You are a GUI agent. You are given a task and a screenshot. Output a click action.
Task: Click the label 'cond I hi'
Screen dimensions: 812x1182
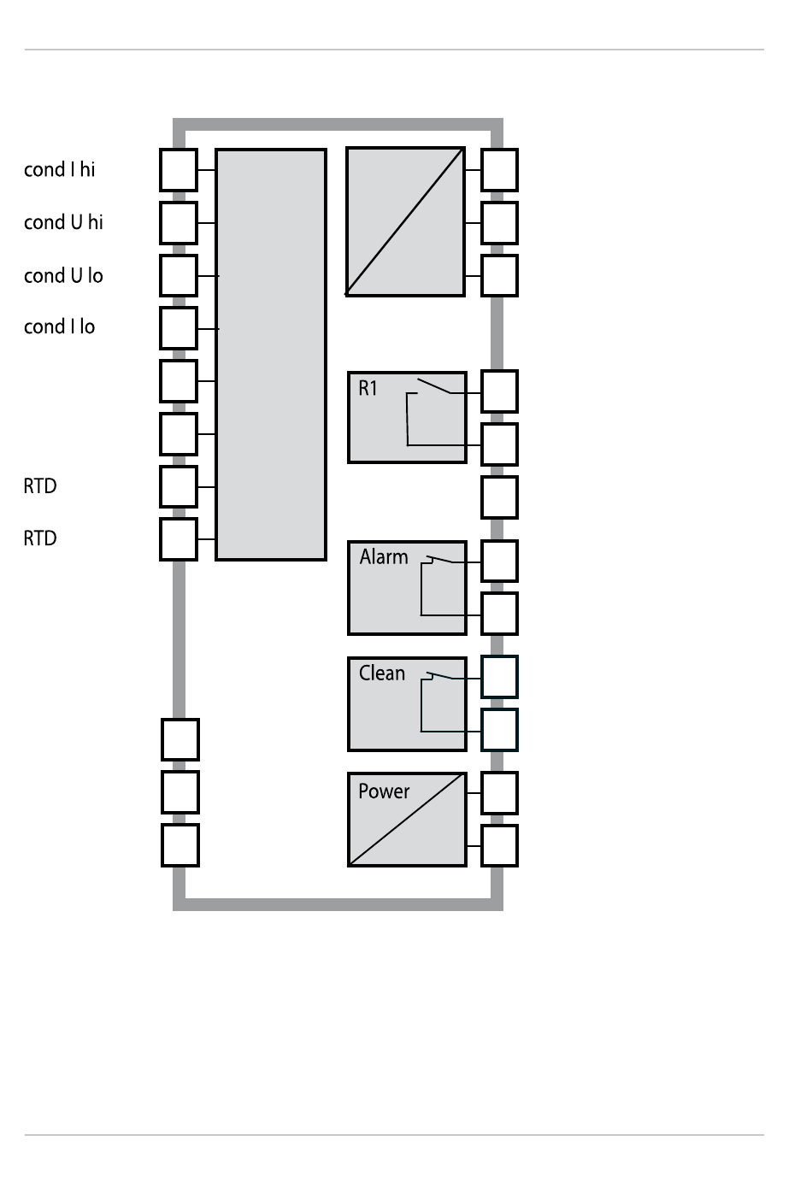coord(59,169)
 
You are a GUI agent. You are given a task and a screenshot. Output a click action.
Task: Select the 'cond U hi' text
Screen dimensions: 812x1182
coord(63,222)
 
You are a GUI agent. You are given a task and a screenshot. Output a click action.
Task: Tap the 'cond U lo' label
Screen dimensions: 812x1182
coord(63,275)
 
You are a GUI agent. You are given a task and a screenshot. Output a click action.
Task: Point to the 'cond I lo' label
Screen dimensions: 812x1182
coord(59,326)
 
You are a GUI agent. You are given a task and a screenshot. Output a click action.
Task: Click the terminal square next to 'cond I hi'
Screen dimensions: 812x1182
coord(179,170)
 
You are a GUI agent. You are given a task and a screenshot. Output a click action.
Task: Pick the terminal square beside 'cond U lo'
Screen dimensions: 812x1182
coord(179,275)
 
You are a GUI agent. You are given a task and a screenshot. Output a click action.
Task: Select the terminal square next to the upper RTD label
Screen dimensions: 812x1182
coord(179,486)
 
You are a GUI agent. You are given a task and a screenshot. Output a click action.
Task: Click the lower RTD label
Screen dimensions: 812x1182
coord(40,538)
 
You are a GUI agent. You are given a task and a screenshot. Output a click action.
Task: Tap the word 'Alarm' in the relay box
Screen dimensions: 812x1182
coord(384,557)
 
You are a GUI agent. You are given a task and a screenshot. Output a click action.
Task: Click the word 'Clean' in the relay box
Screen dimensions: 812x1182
coord(382,673)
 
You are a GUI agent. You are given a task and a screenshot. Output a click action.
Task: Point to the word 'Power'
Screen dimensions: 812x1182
coord(384,791)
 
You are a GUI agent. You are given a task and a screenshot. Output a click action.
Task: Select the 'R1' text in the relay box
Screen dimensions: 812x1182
coord(368,388)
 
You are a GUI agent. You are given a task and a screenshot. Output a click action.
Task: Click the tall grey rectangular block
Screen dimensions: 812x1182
coord(271,355)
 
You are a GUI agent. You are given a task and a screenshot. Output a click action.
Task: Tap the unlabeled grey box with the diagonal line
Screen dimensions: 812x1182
coord(406,221)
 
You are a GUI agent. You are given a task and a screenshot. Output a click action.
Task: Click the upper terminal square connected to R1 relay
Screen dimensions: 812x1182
coord(500,391)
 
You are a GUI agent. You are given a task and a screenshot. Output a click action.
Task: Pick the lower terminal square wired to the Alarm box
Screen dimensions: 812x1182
coord(500,614)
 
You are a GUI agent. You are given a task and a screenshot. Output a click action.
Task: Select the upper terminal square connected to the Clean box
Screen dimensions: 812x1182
coord(500,677)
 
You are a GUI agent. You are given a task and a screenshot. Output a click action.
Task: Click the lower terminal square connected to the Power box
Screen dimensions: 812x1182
coord(500,846)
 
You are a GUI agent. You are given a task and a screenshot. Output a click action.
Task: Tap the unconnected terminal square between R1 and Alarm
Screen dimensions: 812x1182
coord(500,497)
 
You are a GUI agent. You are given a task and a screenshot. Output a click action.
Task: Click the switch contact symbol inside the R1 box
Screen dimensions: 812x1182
coord(433,385)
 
